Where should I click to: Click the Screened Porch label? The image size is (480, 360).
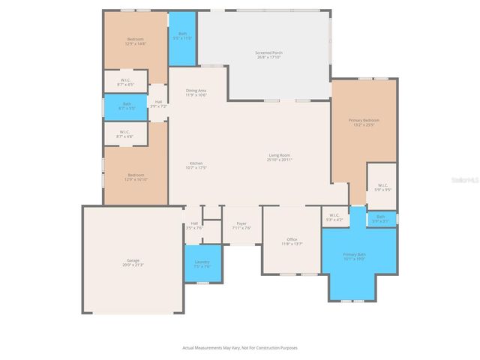pyautogui.click(x=268, y=55)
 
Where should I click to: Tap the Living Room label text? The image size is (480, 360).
pyautogui.click(x=280, y=157)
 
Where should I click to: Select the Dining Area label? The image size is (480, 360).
pyautogui.click(x=196, y=93)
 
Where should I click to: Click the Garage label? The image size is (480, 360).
pyautogui.click(x=132, y=262)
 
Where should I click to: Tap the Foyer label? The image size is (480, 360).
pyautogui.click(x=242, y=225)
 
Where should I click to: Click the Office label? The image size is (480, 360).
pyautogui.click(x=292, y=241)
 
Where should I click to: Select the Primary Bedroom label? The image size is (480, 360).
pyautogui.click(x=364, y=122)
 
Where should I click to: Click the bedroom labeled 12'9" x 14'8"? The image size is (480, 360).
pyautogui.click(x=135, y=41)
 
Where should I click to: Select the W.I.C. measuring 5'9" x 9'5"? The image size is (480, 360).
pyautogui.click(x=382, y=187)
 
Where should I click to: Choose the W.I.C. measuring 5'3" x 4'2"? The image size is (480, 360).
pyautogui.click(x=334, y=217)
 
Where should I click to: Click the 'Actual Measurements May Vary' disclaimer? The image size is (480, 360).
pyautogui.click(x=239, y=348)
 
